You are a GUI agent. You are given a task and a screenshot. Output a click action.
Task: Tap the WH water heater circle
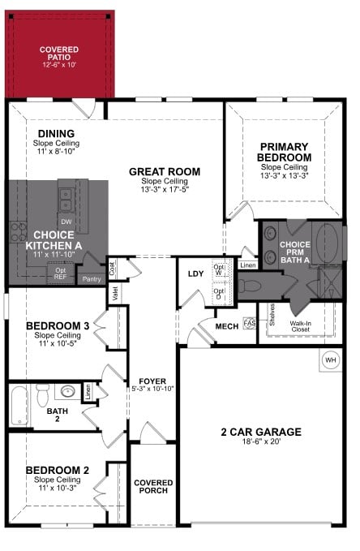click(x=330, y=359)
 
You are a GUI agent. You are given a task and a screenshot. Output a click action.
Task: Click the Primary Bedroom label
click(x=285, y=152)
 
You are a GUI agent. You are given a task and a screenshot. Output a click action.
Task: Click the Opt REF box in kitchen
click(x=60, y=273)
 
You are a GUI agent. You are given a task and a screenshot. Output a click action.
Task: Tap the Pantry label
click(x=91, y=279)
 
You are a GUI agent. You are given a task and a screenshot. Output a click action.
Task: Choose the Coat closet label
click(x=113, y=265)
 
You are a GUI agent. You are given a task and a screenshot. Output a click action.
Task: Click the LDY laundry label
click(x=195, y=273)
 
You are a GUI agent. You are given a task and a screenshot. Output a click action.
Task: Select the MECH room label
click(x=225, y=326)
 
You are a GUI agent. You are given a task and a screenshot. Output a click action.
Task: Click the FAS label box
click(x=250, y=323)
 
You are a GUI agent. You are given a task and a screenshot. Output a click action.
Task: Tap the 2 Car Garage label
click(x=262, y=433)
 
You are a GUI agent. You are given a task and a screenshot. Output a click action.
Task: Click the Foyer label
click(x=152, y=380)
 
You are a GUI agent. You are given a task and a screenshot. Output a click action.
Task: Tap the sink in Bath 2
click(x=69, y=392)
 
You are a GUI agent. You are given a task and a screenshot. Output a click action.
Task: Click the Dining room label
click(x=56, y=134)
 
